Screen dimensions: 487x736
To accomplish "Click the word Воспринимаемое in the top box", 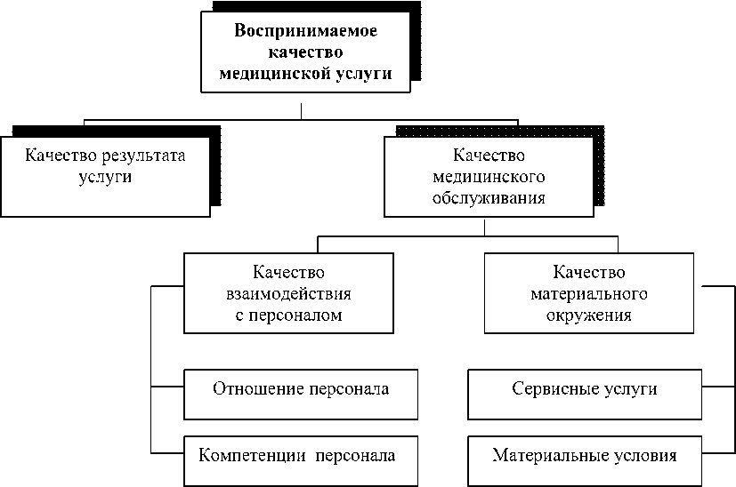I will (x=306, y=31).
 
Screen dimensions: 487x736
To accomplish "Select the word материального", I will (x=588, y=292).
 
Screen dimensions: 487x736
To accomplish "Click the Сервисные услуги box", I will (x=586, y=393).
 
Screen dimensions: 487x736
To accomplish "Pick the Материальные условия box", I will (x=586, y=460).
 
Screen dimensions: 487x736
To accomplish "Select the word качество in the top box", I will (x=306, y=52).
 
